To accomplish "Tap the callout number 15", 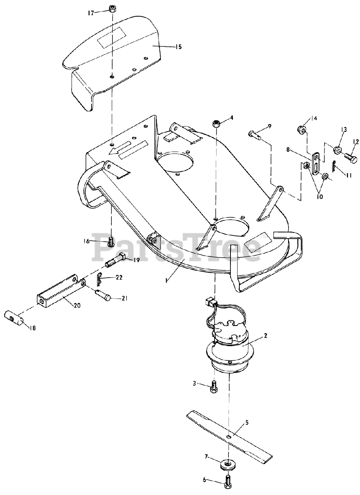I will point(178,47).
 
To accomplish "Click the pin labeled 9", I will point(254,135).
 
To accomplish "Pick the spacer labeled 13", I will point(338,150).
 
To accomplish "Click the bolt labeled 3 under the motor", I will point(213,386).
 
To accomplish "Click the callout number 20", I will point(77,306).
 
